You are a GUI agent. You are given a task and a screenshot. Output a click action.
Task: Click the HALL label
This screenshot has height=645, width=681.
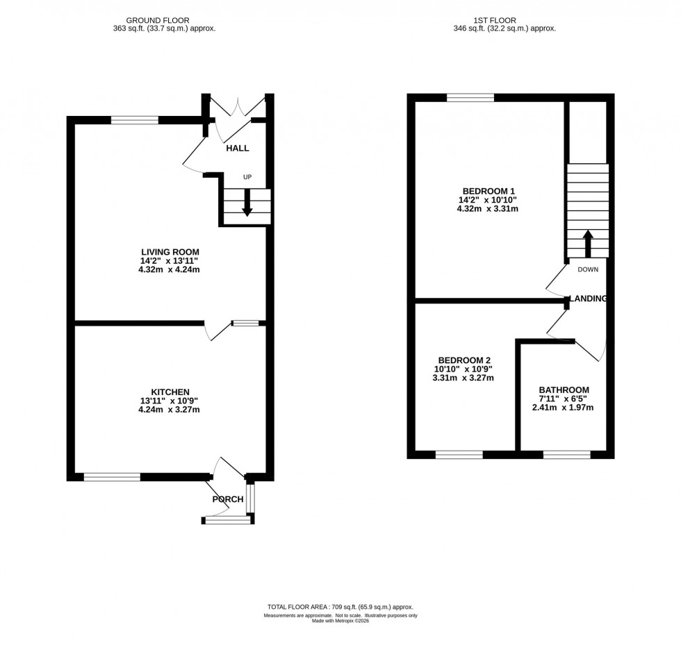(237, 148)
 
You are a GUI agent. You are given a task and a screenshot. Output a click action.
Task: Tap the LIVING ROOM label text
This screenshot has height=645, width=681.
(170, 251)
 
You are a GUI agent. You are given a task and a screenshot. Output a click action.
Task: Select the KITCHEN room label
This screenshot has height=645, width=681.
(170, 392)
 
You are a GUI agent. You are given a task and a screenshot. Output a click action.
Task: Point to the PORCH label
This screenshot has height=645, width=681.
(228, 499)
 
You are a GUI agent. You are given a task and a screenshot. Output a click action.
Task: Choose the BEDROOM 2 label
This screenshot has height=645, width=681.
(463, 360)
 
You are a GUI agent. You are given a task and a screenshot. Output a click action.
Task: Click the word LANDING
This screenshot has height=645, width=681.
(589, 299)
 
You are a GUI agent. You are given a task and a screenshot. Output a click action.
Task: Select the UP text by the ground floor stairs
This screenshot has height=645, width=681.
(247, 177)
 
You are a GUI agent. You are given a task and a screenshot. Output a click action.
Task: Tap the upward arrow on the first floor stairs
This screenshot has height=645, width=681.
(587, 242)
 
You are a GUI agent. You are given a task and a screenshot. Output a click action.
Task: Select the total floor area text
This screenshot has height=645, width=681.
(340, 607)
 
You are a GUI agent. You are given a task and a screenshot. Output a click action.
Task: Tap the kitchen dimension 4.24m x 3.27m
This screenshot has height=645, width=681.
(170, 409)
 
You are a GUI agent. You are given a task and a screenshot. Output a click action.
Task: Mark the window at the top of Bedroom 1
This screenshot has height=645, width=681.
(470, 98)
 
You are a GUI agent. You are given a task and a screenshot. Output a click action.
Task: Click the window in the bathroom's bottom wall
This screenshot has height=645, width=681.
(566, 455)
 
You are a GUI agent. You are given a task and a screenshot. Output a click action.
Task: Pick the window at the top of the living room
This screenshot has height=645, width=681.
(134, 120)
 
